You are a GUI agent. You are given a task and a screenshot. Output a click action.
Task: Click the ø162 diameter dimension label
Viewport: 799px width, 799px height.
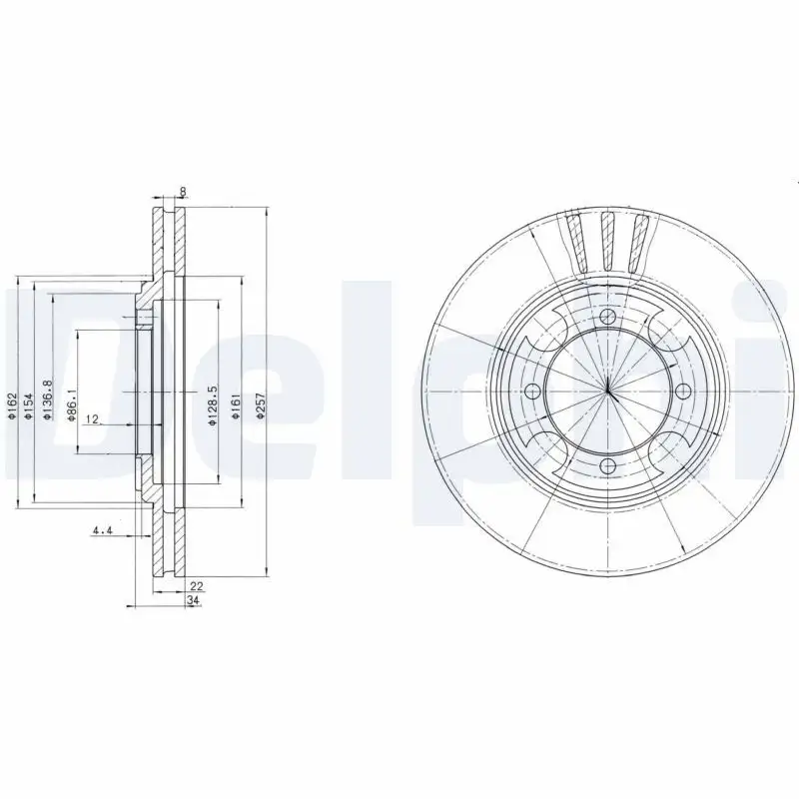coord(12,409)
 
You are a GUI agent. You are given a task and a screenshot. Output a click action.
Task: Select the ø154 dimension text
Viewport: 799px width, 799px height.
coord(28,409)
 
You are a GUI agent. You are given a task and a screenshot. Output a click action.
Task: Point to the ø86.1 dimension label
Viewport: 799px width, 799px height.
coord(71,405)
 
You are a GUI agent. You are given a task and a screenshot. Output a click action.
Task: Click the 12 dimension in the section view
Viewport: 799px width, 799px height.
coord(92,419)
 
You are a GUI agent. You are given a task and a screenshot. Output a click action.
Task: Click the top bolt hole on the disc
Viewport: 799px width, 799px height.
coord(608,317)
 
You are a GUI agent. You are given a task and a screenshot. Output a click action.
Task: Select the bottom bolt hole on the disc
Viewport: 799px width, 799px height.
coord(608,466)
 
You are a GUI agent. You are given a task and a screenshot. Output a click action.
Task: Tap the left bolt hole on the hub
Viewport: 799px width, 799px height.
coord(532,391)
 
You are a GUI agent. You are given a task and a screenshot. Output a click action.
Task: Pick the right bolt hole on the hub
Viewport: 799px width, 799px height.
coord(683,391)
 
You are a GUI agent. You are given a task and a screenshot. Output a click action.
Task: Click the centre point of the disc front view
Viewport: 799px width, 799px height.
coord(608,391)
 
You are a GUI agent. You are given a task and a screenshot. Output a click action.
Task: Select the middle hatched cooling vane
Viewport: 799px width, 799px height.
coord(607,240)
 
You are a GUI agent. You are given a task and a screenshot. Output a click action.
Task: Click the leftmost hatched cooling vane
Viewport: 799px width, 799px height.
coord(576,242)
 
